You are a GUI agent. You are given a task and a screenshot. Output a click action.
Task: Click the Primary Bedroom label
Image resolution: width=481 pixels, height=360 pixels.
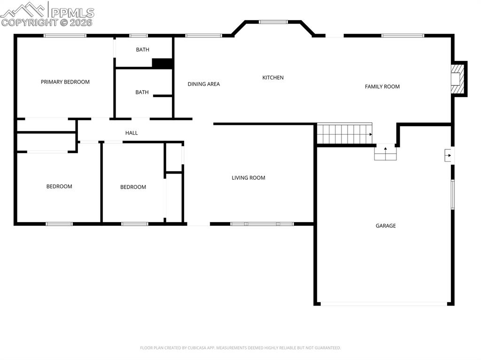(65, 82)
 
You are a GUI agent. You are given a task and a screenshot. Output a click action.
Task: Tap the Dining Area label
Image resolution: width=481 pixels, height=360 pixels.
(203, 84)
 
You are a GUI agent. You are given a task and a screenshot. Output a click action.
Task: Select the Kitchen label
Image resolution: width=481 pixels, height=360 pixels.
(273, 77)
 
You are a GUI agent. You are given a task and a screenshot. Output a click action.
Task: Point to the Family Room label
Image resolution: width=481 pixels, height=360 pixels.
(382, 86)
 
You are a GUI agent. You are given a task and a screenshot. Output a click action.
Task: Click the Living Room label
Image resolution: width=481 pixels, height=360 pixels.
(248, 177)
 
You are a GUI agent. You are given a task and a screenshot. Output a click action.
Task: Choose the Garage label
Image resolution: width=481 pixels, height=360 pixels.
(385, 226)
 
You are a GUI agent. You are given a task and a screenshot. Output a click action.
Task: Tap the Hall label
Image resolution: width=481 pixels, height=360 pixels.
(132, 133)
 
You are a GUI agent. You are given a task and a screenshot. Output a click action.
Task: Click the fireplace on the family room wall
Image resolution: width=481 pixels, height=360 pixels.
(456, 79)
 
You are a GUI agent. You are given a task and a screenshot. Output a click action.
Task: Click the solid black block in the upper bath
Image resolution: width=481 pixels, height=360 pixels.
(163, 63)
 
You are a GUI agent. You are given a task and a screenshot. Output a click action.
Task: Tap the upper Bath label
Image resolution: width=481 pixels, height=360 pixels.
(142, 50)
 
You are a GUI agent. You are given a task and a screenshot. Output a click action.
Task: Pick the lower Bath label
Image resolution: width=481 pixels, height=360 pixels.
(142, 92)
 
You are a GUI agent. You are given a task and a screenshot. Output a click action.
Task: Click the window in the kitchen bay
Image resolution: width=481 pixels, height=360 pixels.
(273, 22)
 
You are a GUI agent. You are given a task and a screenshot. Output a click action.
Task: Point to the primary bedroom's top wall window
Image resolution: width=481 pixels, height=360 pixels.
(65, 36)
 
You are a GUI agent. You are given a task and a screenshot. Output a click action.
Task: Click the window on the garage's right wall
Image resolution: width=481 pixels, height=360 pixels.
(453, 194)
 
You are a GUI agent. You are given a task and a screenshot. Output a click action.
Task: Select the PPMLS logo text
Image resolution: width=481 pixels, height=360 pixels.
(72, 13)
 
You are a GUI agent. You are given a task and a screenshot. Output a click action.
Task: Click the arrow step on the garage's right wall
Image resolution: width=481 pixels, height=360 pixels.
(449, 155)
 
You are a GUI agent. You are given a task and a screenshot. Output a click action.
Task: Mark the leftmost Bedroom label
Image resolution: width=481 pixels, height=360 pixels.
(59, 186)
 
